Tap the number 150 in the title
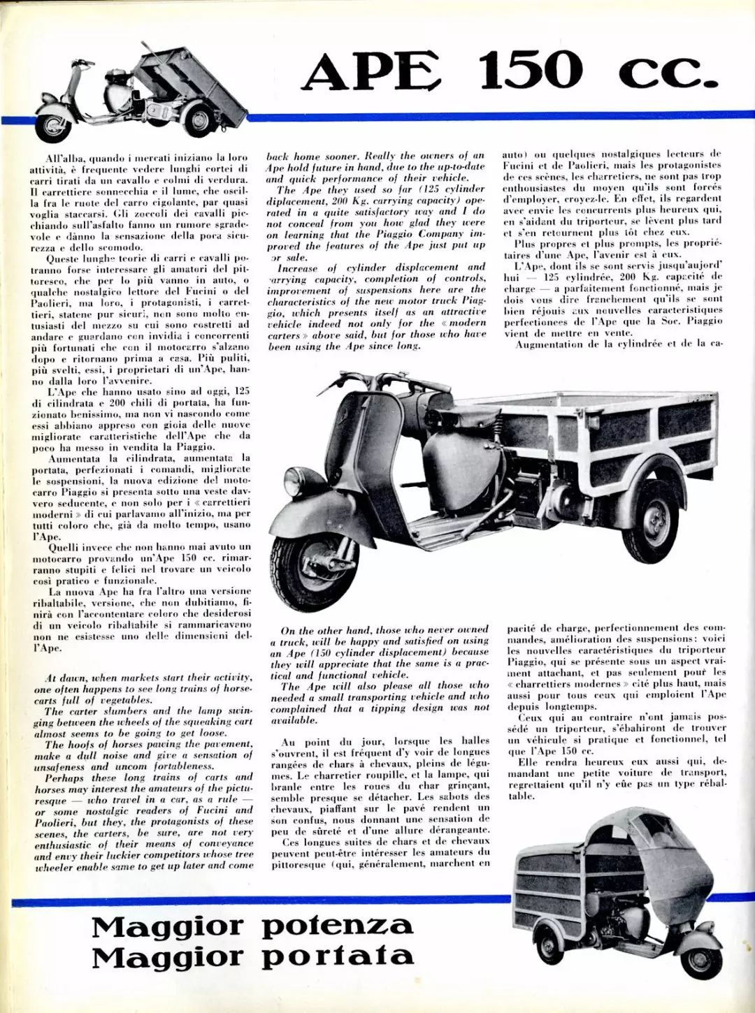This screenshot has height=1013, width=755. click(x=531, y=70)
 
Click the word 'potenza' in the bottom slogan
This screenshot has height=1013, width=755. click(x=338, y=926)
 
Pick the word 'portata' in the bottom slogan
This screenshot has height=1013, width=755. click(x=338, y=956)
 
